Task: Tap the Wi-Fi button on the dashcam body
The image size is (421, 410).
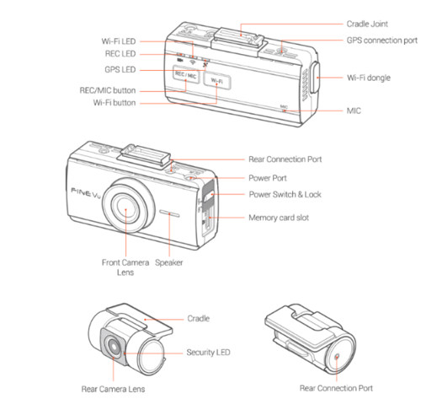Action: [x=216, y=81]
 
